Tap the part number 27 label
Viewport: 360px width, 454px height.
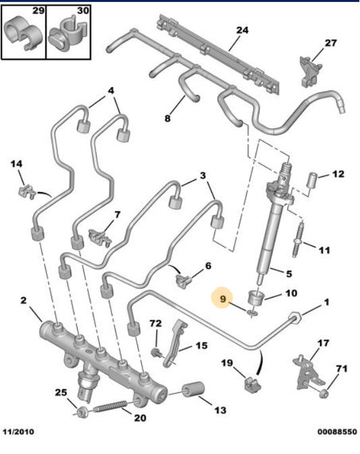tap(330, 43)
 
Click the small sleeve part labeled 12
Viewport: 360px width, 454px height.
tap(313, 180)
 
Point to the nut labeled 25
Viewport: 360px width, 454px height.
tap(81, 413)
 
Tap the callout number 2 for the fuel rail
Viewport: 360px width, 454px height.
tap(24, 301)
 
